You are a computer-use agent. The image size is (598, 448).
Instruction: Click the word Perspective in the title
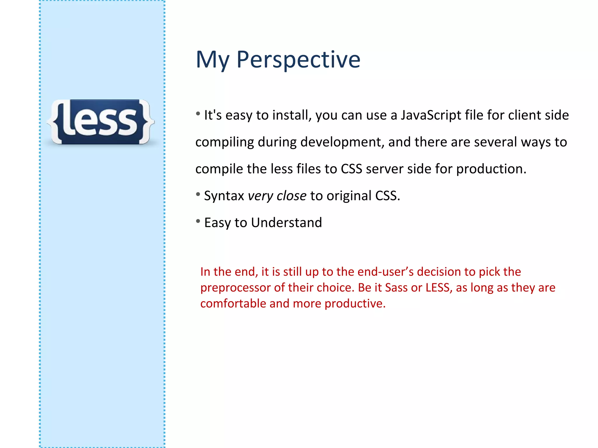[x=298, y=60]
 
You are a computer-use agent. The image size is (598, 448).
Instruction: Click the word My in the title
[x=212, y=60]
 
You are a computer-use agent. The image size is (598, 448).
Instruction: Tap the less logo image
[x=101, y=122]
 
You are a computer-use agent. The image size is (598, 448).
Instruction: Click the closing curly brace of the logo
[x=146, y=122]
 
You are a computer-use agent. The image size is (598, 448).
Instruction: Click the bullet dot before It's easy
[x=198, y=113]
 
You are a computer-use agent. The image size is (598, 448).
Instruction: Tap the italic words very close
[x=277, y=196]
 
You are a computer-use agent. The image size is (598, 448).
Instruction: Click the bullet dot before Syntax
[x=198, y=194]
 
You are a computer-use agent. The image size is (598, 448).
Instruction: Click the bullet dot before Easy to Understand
[x=198, y=221]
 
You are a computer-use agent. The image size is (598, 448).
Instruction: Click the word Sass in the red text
[x=396, y=288]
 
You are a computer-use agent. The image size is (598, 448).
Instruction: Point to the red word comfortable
[x=233, y=304]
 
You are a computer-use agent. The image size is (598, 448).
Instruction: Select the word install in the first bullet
[x=292, y=115]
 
